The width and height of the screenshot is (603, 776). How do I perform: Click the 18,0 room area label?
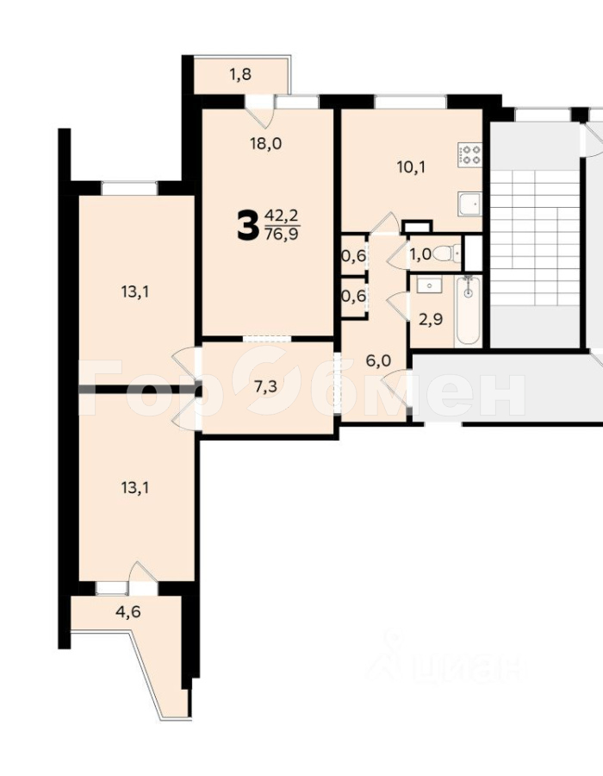click(265, 144)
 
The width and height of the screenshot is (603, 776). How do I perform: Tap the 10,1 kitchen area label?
click(411, 166)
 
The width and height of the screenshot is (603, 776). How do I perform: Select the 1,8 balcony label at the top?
click(240, 74)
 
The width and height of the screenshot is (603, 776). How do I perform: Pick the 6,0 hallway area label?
click(378, 360)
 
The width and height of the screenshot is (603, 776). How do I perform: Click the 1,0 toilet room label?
click(420, 253)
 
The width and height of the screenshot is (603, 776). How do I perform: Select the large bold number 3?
click(247, 226)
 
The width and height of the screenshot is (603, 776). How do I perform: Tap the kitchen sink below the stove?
click(470, 206)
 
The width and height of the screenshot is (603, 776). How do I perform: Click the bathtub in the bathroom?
click(468, 310)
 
